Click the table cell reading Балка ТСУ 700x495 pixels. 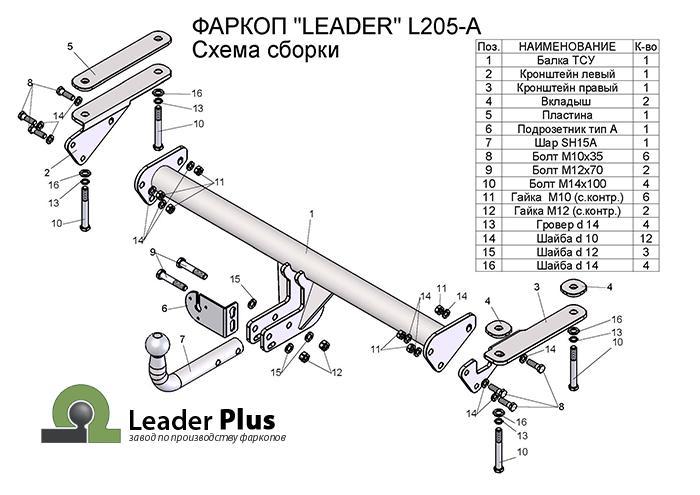click(567, 60)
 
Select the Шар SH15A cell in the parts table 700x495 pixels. click(567, 143)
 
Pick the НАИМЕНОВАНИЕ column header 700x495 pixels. click(567, 46)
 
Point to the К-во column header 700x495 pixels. click(646, 46)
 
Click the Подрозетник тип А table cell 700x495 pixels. click(567, 129)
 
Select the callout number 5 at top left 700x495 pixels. click(71, 47)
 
